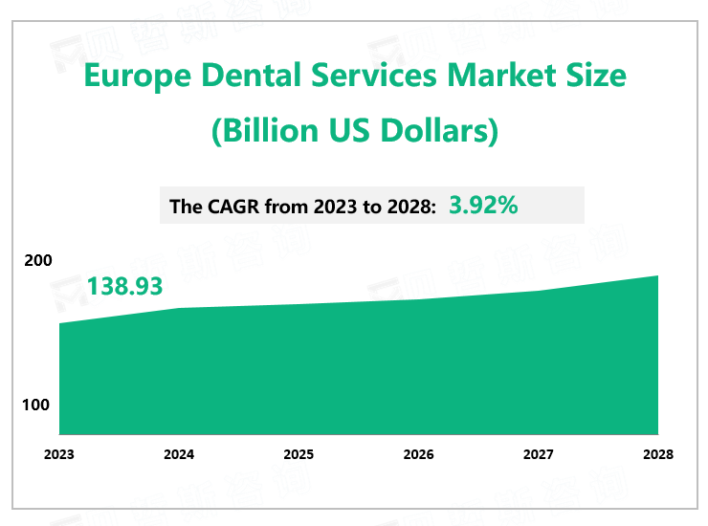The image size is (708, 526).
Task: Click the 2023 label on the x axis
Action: click(x=59, y=455)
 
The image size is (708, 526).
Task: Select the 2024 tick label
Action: click(x=179, y=455)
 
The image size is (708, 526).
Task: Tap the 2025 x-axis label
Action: click(x=299, y=455)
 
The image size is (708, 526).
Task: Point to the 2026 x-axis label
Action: click(x=418, y=455)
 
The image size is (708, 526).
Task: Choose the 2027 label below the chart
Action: click(x=538, y=455)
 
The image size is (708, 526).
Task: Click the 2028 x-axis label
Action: click(x=657, y=455)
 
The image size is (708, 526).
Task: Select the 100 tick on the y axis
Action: click(x=36, y=405)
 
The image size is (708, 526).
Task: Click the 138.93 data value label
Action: click(x=124, y=286)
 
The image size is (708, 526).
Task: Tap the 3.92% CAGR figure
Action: click(x=483, y=205)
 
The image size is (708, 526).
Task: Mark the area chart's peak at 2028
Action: click(x=658, y=276)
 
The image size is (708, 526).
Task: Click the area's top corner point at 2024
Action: click(x=179, y=308)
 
